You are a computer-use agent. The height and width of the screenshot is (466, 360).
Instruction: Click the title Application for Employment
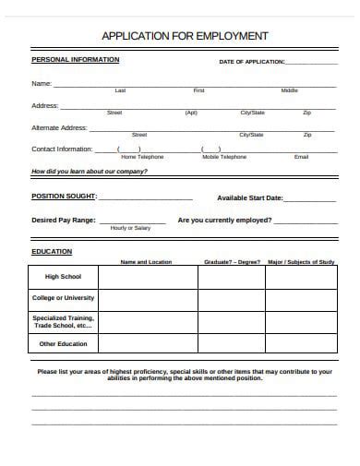pos(185,36)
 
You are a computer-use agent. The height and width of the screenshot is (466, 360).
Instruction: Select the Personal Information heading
pos(75,59)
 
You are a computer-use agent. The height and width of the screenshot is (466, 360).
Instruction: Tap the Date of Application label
pos(252,62)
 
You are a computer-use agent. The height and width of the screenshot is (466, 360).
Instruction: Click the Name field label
pos(42,84)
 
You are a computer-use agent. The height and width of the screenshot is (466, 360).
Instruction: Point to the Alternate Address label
pos(59,127)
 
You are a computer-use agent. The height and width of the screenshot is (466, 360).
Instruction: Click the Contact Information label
pos(62,149)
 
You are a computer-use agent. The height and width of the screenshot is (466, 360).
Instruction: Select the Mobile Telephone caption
pos(224,157)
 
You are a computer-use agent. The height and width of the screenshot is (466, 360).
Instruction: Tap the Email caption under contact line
pos(301,157)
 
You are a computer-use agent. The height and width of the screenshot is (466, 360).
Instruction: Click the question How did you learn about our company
pos(90,172)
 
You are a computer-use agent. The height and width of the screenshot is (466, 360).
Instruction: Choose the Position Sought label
pos(64,197)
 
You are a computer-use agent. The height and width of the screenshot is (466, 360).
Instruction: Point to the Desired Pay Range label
pos(63,221)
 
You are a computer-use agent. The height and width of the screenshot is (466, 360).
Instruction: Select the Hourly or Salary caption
pos(130,228)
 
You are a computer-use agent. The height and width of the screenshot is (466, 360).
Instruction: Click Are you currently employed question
pos(224,221)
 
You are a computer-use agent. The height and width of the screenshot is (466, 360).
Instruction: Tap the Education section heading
pos(52,251)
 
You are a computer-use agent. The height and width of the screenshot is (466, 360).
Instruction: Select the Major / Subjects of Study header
pos(301,262)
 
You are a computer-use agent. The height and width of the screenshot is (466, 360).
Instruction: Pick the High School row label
pos(64,276)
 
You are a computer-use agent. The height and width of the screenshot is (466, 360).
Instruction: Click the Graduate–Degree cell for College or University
pos(232,298)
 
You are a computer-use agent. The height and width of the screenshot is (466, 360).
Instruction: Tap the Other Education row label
pos(64,344)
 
